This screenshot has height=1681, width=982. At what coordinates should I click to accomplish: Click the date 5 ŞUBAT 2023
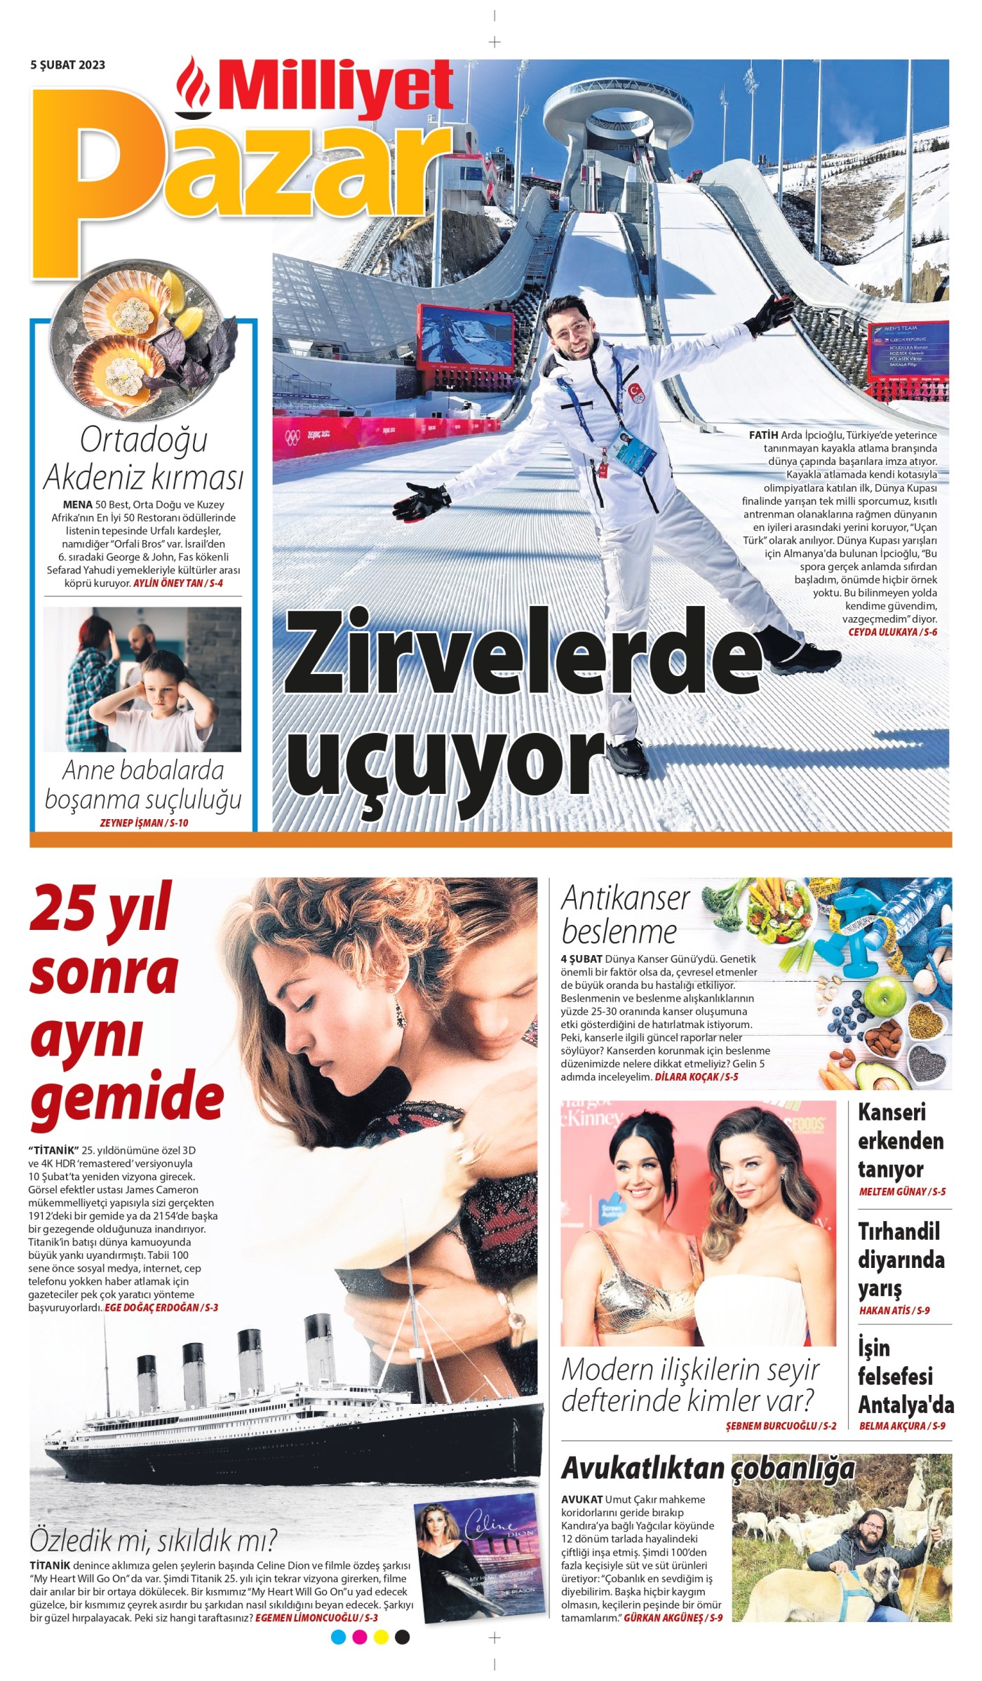[x=67, y=65]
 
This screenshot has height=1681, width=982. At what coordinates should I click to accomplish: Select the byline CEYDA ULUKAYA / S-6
[x=892, y=632]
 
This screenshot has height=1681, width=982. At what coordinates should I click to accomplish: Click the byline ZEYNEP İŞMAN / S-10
[x=144, y=823]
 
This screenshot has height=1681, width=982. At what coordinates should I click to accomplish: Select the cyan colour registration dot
[x=339, y=1638]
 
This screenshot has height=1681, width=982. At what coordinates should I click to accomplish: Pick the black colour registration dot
[x=402, y=1638]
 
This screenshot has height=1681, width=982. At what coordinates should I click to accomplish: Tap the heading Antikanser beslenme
[x=624, y=915]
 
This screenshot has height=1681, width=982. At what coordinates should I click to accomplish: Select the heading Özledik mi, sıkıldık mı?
[x=154, y=1541]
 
